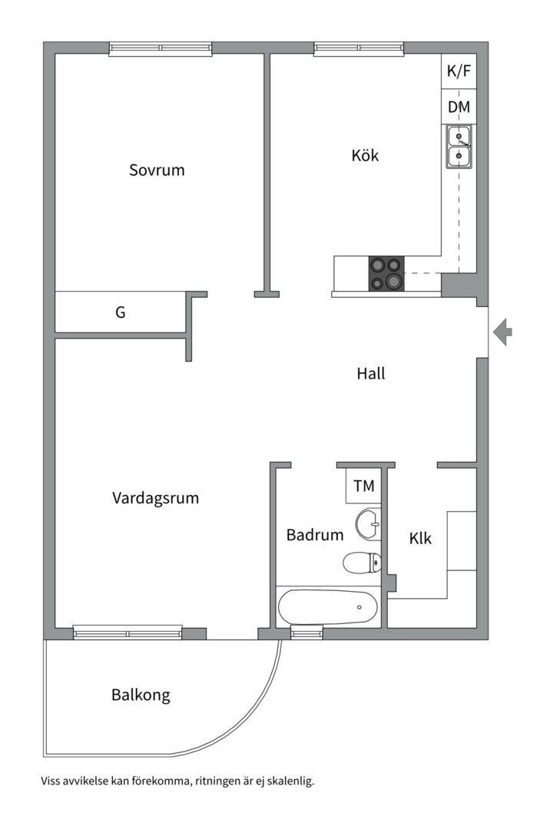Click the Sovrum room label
click(x=157, y=170)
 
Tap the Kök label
click(x=365, y=155)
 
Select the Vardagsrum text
click(x=155, y=498)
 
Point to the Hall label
click(x=371, y=374)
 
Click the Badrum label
click(x=315, y=535)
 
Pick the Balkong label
click(x=141, y=695)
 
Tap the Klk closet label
click(x=420, y=539)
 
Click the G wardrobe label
click(x=120, y=312)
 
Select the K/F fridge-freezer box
click(x=459, y=71)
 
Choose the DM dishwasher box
click(x=459, y=107)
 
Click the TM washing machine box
click(x=363, y=486)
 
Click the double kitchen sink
click(x=459, y=147)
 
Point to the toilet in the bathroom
click(x=362, y=563)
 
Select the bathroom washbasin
click(x=368, y=524)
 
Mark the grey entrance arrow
click(x=502, y=332)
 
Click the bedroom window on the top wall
click(x=161, y=48)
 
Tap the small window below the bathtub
click(x=305, y=633)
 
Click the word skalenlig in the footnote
click(x=288, y=781)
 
